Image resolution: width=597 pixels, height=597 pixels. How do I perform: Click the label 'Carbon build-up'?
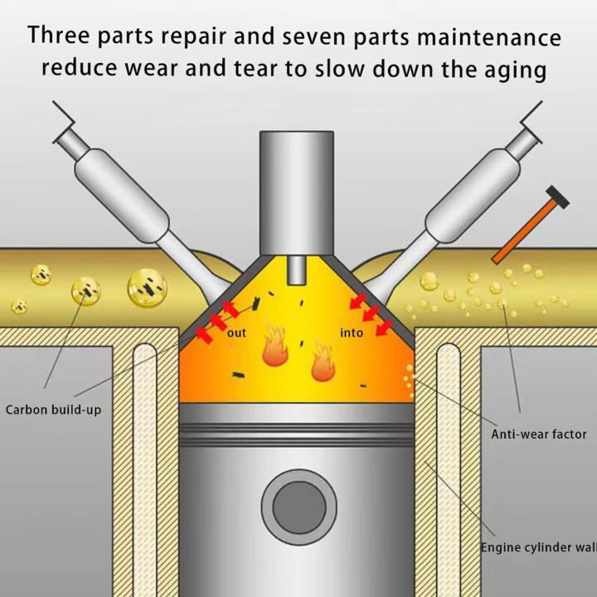[53, 410]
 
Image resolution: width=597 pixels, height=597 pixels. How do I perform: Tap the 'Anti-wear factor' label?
[538, 434]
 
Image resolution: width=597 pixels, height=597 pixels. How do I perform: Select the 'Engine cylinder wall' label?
[538, 547]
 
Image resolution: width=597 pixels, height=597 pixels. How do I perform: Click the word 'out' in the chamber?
[236, 332]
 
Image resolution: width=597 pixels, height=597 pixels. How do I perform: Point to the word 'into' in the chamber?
[352, 332]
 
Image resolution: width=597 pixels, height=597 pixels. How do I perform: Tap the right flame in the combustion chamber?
[323, 362]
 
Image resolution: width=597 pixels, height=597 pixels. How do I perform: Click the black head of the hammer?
[556, 199]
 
